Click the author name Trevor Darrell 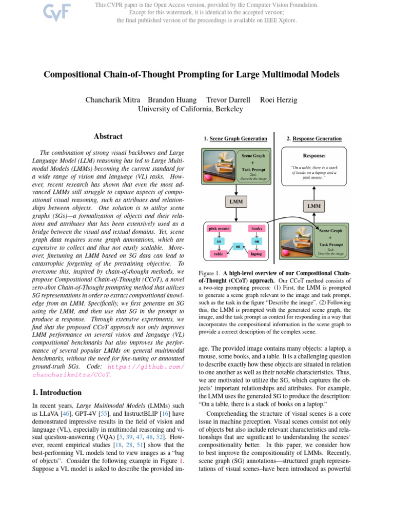(228, 99)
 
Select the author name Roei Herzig (279, 99)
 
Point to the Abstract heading (108, 136)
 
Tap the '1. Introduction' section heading (54, 392)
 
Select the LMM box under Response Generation (314, 206)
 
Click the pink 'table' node (219, 253)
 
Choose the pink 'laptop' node (257, 253)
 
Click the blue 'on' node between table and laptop (238, 247)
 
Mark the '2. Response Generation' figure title (314, 138)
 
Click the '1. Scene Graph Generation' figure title (235, 138)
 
